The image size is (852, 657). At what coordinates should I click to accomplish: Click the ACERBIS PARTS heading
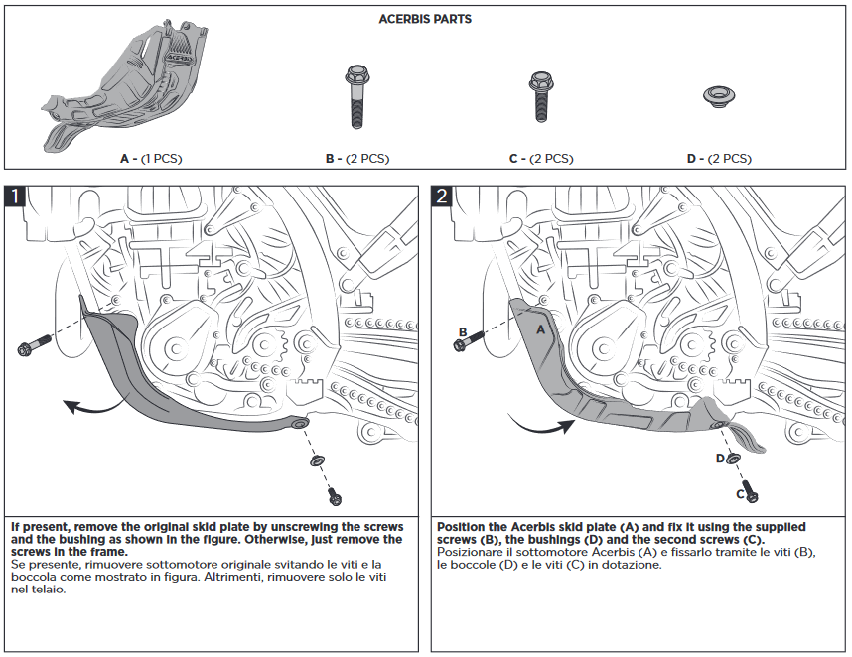(425, 19)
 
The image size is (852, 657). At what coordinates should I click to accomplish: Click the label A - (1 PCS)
(151, 159)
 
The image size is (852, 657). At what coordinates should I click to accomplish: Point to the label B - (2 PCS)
(357, 159)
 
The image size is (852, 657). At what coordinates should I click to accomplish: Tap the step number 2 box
(442, 197)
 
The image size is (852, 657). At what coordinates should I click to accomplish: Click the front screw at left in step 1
(32, 346)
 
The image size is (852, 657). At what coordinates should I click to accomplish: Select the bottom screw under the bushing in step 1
(335, 495)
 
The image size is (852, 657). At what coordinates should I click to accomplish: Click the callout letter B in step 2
(463, 332)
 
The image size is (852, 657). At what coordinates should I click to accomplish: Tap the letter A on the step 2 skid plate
(541, 328)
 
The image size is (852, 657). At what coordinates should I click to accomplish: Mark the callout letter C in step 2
(740, 492)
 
